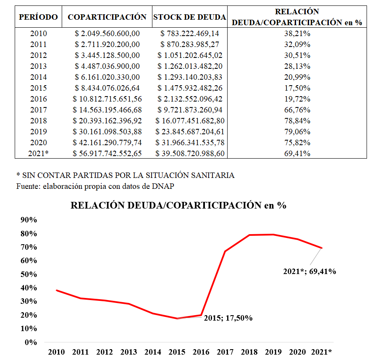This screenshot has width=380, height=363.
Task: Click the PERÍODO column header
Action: click(39, 17)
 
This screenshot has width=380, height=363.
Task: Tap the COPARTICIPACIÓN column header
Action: click(107, 17)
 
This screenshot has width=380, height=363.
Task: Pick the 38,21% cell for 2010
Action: click(297, 34)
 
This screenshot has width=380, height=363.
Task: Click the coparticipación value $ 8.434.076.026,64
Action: click(107, 88)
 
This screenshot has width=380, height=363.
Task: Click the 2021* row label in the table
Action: click(39, 154)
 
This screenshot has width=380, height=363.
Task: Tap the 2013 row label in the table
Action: click(39, 66)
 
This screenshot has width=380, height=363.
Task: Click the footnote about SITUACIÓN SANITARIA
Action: click(125, 175)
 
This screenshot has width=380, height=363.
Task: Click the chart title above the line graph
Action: click(178, 206)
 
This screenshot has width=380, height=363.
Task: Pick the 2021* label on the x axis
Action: click(321, 352)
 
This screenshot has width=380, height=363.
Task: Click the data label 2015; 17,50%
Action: click(228, 318)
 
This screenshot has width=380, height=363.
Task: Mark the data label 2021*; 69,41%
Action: click(309, 272)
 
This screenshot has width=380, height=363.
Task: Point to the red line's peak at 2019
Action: click(274, 235)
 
